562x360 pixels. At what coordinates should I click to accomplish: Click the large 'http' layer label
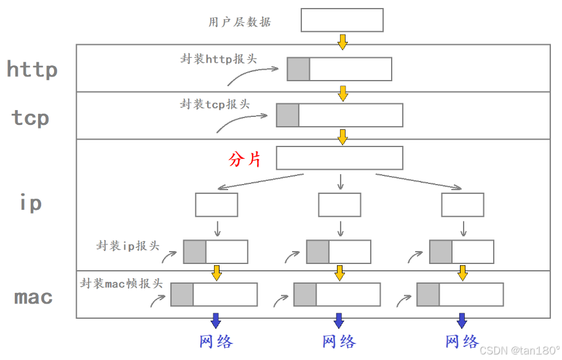(33, 69)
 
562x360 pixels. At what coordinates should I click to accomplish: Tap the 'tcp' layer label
(31, 117)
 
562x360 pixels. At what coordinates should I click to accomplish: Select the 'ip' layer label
(31, 202)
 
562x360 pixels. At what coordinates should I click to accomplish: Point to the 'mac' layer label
(34, 297)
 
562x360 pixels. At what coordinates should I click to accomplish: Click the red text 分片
(245, 159)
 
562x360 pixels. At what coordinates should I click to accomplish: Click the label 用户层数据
(240, 22)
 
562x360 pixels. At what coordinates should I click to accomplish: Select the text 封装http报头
(219, 59)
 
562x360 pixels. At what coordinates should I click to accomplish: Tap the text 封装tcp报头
(215, 104)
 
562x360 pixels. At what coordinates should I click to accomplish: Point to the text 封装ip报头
(128, 246)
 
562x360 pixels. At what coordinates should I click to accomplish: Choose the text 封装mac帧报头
(122, 283)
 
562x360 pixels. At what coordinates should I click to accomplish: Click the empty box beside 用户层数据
(342, 20)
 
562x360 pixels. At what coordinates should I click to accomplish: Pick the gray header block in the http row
(298, 69)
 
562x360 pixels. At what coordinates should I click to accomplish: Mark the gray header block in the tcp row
(288, 115)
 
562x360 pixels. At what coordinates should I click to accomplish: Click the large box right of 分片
(339, 158)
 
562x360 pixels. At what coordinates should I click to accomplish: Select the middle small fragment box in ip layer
(339, 205)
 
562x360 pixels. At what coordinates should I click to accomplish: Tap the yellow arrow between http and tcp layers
(342, 94)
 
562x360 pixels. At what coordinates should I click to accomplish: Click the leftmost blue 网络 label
(216, 341)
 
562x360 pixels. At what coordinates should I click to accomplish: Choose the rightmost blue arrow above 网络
(462, 320)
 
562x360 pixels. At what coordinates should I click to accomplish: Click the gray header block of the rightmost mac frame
(428, 294)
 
